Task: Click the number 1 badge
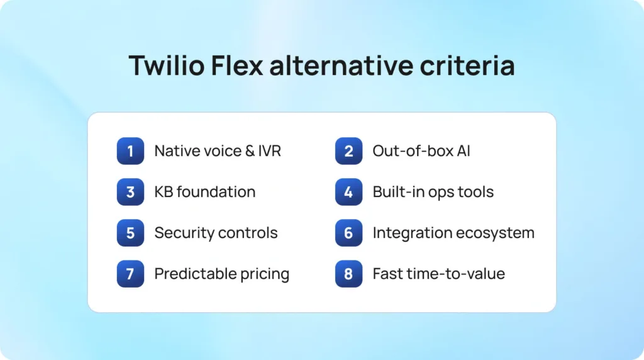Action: tap(130, 151)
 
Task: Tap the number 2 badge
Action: tap(348, 151)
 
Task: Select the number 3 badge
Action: tap(130, 192)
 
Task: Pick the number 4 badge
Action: tap(348, 192)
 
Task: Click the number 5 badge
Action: tap(130, 233)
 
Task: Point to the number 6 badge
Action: tap(348, 233)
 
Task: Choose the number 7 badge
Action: tap(130, 274)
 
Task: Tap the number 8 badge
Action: tap(348, 274)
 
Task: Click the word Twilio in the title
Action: tap(167, 65)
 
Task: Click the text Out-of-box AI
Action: tap(421, 151)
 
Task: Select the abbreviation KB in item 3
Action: tap(163, 192)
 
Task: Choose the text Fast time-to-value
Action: tap(438, 274)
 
